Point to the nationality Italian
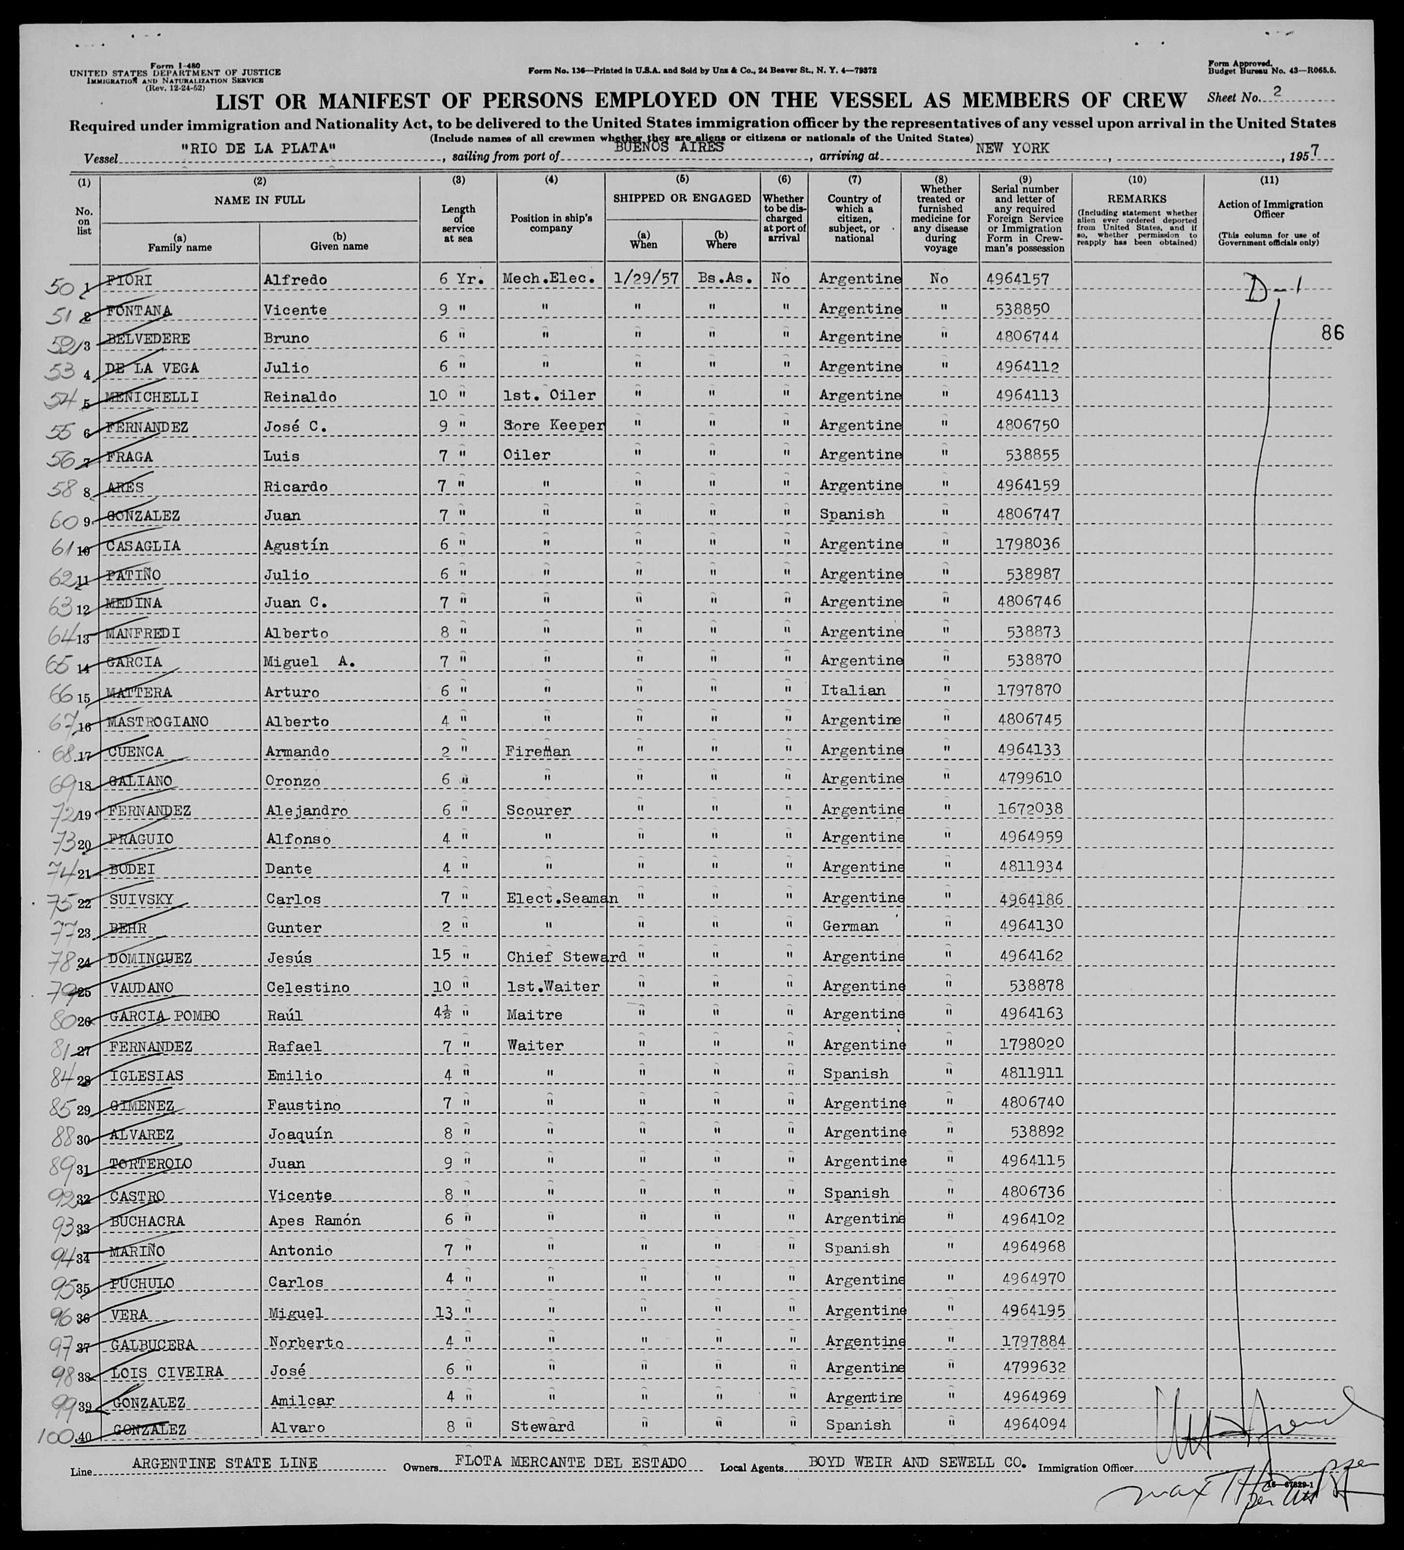click(x=853, y=691)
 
